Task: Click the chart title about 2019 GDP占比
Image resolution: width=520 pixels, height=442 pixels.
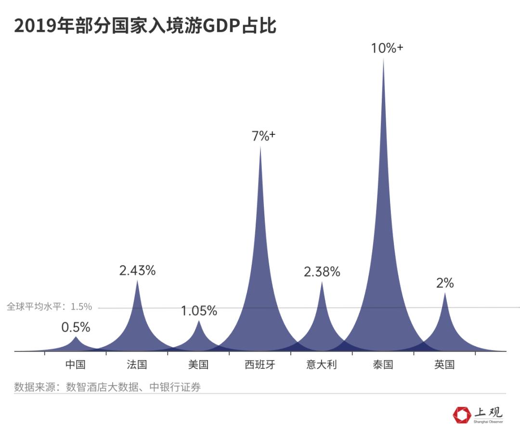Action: [145, 26]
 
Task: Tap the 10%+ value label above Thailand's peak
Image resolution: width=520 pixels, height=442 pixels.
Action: [387, 48]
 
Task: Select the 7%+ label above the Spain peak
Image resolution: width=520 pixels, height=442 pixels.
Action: [263, 136]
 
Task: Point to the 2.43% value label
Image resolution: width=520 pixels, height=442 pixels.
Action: [137, 271]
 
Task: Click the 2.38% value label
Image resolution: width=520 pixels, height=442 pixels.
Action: [322, 272]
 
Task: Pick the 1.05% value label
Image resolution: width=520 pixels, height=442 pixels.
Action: [199, 311]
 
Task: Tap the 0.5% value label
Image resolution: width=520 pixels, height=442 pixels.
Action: [76, 327]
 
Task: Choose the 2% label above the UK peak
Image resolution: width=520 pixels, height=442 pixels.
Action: [445, 284]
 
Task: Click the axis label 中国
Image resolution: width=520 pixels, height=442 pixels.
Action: [76, 364]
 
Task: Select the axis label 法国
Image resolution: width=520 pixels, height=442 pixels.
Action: [137, 364]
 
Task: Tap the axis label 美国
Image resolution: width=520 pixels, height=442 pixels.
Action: [198, 364]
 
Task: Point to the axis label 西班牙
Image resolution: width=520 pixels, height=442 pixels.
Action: [260, 364]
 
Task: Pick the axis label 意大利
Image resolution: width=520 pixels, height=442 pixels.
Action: [322, 364]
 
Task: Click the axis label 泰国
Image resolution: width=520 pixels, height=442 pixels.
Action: [383, 364]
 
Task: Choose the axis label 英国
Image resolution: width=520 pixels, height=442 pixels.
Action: [444, 364]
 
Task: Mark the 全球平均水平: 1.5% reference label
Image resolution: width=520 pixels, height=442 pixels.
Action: [49, 307]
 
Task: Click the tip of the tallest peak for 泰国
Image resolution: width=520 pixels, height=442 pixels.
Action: [383, 60]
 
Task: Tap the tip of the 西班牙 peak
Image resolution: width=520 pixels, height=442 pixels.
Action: [260, 147]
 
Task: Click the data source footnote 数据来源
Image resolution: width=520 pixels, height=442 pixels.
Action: [107, 387]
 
